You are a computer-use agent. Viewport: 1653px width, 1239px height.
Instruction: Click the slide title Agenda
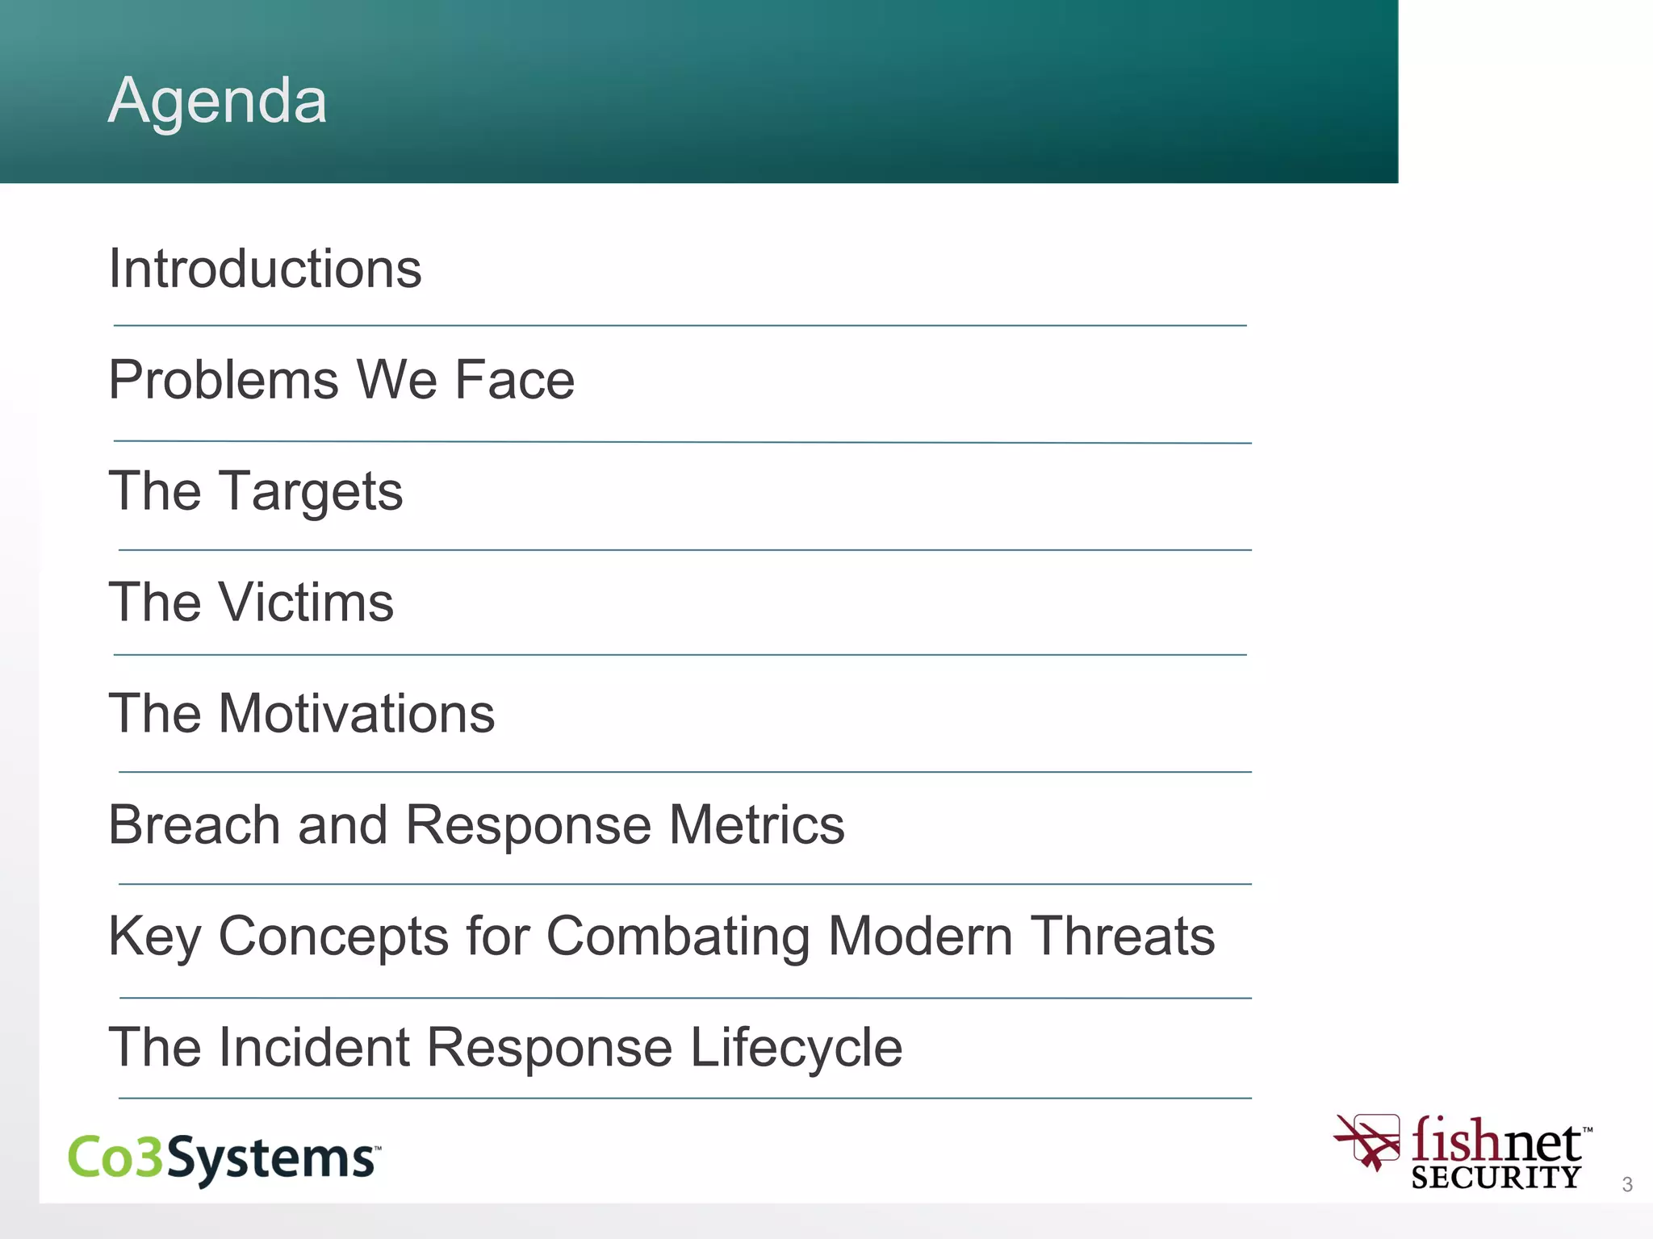coord(217,100)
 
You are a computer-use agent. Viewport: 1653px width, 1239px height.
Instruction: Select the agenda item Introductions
coord(265,268)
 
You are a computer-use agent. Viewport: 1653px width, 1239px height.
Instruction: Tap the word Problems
coord(224,379)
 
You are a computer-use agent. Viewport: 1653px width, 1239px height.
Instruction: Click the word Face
coord(514,379)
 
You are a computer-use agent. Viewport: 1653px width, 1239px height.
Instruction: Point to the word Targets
coord(311,492)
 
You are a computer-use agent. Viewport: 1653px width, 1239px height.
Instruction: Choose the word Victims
coord(306,603)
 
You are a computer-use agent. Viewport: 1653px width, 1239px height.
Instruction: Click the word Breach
coord(194,825)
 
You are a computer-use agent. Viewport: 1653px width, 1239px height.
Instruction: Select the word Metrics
coord(756,825)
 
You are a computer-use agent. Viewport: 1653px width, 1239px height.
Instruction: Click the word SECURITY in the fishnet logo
coord(1496,1178)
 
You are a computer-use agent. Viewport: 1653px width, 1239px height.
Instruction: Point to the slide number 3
coord(1627,1184)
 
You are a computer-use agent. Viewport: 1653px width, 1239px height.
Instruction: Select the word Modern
coord(920,937)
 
